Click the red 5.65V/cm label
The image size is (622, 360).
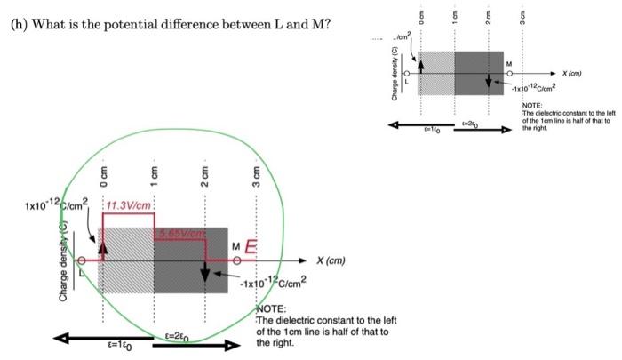[181, 233]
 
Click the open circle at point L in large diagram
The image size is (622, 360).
[83, 260]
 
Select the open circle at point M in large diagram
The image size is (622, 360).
[236, 260]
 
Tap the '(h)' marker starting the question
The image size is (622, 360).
[20, 22]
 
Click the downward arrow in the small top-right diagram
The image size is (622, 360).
[488, 80]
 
